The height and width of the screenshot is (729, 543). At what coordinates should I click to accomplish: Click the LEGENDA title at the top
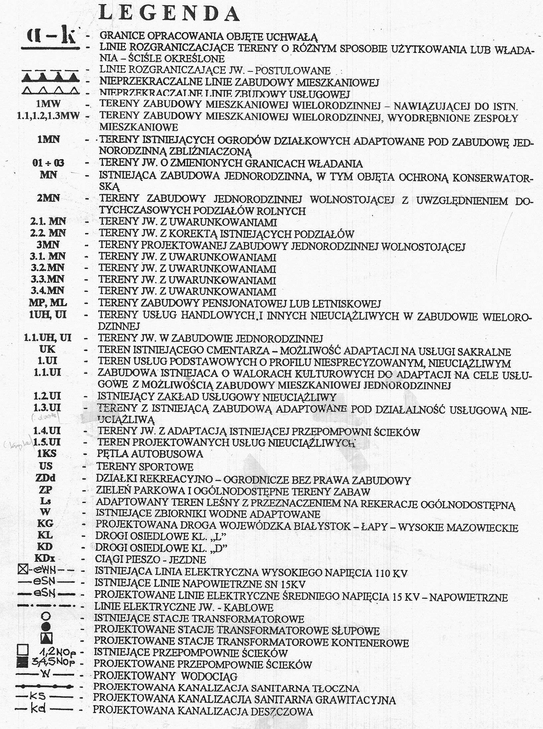click(169, 14)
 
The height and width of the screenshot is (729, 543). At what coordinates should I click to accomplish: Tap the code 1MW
click(48, 104)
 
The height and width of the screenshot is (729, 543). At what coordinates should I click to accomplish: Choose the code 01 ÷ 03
click(48, 163)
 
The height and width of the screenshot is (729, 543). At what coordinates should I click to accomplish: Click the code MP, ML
click(48, 303)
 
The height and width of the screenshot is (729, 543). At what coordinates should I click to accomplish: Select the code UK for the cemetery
click(47, 349)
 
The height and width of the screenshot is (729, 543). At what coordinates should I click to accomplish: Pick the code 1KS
click(47, 454)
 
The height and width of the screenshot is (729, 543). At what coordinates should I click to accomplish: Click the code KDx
click(45, 559)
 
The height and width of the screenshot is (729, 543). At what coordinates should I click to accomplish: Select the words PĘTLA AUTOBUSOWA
click(149, 454)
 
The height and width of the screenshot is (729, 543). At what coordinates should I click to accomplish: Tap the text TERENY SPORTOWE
click(144, 466)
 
